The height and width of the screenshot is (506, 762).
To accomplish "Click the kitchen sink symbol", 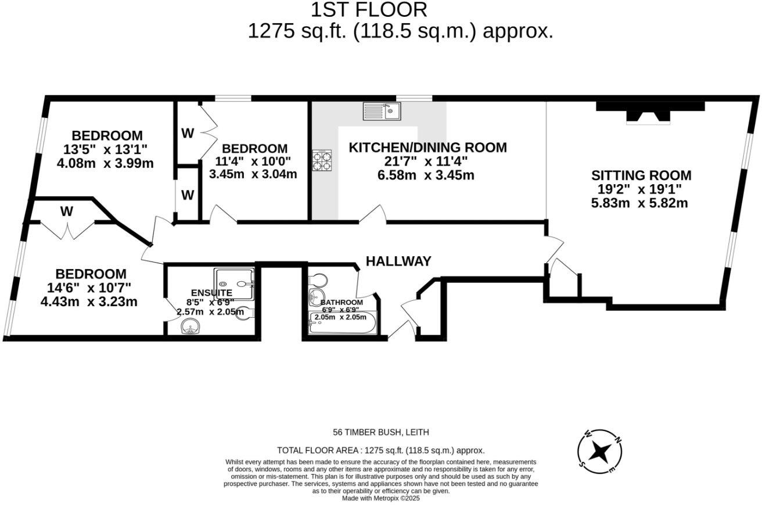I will pos(381,110).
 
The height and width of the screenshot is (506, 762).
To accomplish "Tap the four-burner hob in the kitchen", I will pos(322,160).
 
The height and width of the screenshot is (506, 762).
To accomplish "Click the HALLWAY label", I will pos(398,261).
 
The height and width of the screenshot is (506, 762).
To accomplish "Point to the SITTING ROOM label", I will pos(641,175).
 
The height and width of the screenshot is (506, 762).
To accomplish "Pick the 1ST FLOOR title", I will pos(369,10).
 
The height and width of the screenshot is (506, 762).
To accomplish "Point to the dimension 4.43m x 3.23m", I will pos(89,302).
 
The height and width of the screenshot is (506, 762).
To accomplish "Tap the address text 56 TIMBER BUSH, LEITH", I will pos(380,432).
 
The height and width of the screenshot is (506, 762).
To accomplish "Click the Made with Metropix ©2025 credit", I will pos(380,498).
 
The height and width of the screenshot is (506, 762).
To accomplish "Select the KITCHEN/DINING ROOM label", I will pos(427,148).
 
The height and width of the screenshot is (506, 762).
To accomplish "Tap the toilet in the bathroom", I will pos(318,281).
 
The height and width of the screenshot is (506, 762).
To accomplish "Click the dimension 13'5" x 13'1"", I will pos(102,149).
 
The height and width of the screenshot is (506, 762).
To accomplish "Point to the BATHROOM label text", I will pos(342,303).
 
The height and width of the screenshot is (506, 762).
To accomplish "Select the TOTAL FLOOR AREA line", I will pos(380,450).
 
